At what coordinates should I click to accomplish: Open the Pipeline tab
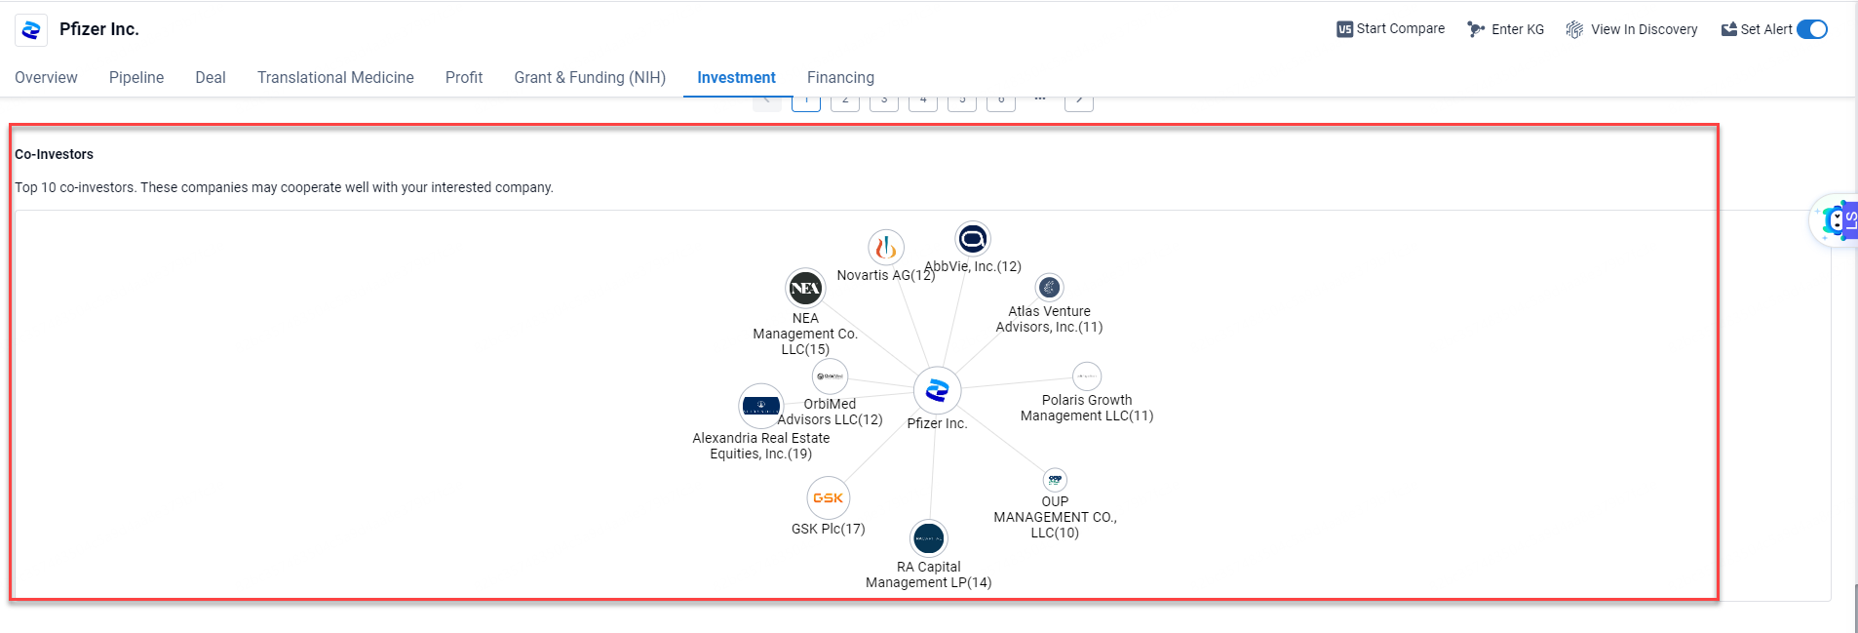pos(136,77)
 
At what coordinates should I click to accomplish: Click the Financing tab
pos(840,77)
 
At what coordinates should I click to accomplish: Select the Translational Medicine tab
pos(335,77)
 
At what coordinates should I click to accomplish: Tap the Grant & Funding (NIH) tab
pos(590,77)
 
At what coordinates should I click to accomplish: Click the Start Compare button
pos(1391,29)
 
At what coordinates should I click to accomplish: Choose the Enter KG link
pos(1506,29)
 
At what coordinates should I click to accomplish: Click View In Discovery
pos(1632,29)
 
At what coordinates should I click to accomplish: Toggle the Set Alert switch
pos(1811,29)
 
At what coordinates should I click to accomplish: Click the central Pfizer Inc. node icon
pos(937,390)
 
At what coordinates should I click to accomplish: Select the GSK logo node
pos(829,497)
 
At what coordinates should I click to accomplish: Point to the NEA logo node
pos(805,288)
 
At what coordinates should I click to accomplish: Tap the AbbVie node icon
pos(973,239)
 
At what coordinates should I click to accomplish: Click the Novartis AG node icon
pos(886,248)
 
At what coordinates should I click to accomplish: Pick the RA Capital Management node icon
pos(928,538)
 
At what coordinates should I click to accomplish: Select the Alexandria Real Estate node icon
pos(760,405)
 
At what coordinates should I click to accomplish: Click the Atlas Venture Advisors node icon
pos(1049,288)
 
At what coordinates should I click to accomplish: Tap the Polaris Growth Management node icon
pos(1087,376)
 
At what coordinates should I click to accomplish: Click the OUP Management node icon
pos(1055,480)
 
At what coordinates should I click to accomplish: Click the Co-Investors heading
pos(55,154)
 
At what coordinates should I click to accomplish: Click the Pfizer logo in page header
pos(31,30)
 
